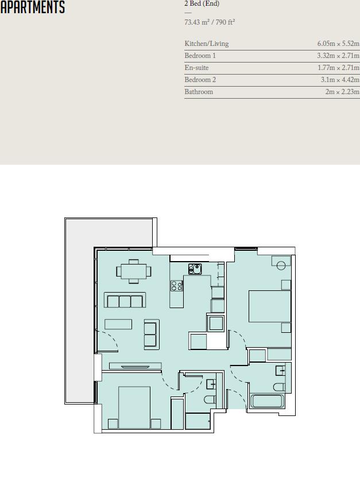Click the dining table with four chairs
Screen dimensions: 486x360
point(133,271)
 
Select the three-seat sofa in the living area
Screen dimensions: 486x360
point(125,301)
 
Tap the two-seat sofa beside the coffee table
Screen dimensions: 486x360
point(151,333)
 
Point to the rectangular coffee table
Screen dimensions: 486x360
point(118,324)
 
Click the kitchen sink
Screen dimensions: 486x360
point(195,269)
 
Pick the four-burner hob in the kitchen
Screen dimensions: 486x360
point(176,285)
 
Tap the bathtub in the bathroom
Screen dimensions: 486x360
point(267,401)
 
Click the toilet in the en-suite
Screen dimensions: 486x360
point(210,399)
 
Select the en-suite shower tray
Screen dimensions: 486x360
point(198,421)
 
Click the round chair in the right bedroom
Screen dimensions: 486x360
point(281,265)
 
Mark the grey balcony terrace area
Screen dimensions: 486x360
point(79,310)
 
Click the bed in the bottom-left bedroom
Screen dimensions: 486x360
point(134,407)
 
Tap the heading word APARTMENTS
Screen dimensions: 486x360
point(33,7)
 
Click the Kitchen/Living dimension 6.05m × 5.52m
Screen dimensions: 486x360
point(338,44)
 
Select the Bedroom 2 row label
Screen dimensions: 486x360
point(200,80)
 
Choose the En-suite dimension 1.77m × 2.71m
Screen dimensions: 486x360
point(338,68)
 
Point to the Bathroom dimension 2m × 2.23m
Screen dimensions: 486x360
point(342,92)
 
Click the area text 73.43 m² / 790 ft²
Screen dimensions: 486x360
point(210,22)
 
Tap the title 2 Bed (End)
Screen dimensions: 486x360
point(202,3)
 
